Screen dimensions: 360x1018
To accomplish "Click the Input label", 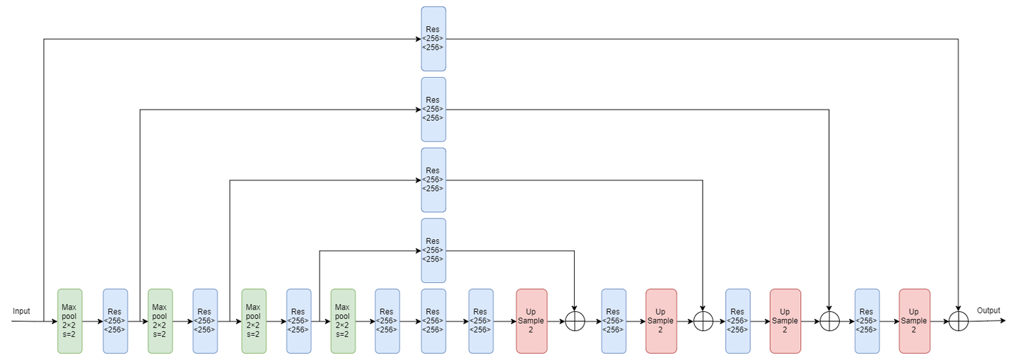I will (x=21, y=311).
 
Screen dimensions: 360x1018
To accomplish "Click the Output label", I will (x=988, y=310).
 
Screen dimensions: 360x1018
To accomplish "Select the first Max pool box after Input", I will (x=69, y=320).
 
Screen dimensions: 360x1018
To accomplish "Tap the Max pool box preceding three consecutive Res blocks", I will (x=343, y=320).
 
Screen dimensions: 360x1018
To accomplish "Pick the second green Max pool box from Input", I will (x=160, y=320).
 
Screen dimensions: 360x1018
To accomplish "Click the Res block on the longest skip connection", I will (x=433, y=39).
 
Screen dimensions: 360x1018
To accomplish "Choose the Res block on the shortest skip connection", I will (x=433, y=250).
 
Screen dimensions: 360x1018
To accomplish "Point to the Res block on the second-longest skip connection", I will (x=433, y=109).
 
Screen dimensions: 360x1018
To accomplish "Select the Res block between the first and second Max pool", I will (x=115, y=320).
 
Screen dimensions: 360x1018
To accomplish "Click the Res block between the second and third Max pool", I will (x=205, y=320).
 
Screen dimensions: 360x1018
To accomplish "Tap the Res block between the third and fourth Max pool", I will (x=298, y=320).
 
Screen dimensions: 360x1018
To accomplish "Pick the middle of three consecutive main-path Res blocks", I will (x=433, y=320).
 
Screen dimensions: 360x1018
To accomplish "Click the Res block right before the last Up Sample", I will (x=867, y=320).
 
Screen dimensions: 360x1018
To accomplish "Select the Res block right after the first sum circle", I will (x=613, y=320).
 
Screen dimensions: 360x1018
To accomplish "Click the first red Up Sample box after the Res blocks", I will (x=531, y=320).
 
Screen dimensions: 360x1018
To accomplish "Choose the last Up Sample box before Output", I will (x=914, y=320).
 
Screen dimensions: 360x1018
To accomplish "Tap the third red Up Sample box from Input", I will (x=785, y=320).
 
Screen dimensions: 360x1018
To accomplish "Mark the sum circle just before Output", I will (x=958, y=321).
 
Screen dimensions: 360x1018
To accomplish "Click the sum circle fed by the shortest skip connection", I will (x=575, y=321).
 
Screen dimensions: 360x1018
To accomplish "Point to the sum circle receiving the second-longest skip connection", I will (x=829, y=321).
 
